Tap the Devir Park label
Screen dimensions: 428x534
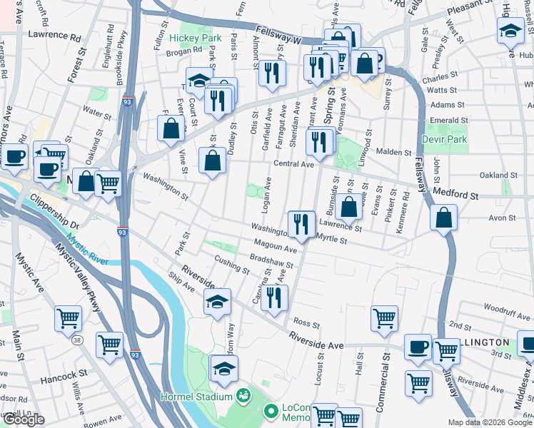click(x=444, y=139)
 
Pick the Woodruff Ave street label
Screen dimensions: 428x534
click(x=503, y=308)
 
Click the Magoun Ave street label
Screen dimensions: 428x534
click(x=275, y=248)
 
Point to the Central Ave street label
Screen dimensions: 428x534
click(x=293, y=164)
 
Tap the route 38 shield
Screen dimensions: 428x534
click(x=76, y=342)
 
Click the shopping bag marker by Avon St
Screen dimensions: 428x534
click(x=443, y=218)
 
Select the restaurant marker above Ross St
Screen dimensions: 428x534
click(x=273, y=298)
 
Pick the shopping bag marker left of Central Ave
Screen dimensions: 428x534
click(x=213, y=160)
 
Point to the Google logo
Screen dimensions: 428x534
click(x=24, y=419)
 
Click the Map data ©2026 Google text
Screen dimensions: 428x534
click(x=489, y=422)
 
